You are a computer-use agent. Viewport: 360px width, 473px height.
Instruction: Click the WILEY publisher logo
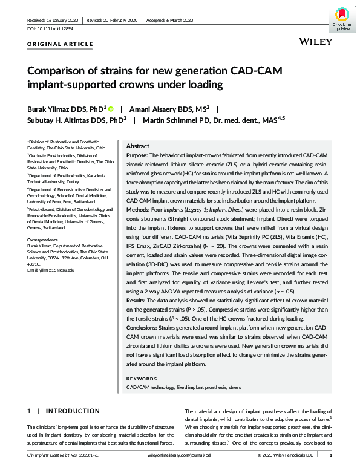coord(315,41)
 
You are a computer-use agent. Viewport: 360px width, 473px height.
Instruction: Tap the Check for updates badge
coord(341,18)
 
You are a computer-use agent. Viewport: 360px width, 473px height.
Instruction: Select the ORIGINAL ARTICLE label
coord(60,44)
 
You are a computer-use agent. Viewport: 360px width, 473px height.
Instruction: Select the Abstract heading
coord(139,146)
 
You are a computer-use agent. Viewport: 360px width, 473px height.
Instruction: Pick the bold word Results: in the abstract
coord(139,299)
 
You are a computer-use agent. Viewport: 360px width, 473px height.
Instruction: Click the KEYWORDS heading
coord(142,379)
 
